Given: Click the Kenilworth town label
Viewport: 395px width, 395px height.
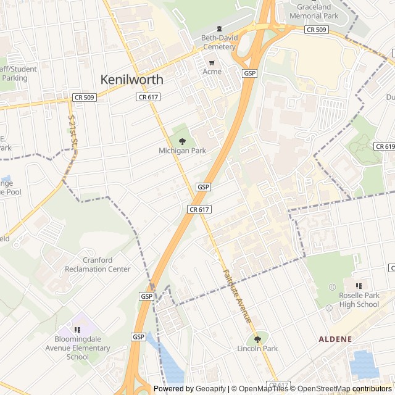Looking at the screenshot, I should pos(132,80).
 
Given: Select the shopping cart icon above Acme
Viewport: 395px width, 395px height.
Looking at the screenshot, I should pos(212,62).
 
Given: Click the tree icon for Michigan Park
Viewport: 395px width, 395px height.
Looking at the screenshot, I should pos(181,141).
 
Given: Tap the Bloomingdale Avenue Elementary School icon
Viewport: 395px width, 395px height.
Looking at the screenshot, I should pos(77,330).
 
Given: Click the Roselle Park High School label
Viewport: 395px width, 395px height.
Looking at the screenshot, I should pos(359,299).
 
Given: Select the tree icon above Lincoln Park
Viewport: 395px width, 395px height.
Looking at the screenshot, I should pos(257,339).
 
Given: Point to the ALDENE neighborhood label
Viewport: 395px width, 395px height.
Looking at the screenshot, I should pos(335,339).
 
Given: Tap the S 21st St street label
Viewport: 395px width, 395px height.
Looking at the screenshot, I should pos(72,131).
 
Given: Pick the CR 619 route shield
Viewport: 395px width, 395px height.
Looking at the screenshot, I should pos(384,146).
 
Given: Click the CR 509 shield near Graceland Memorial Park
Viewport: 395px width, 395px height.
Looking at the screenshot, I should pos(317,30).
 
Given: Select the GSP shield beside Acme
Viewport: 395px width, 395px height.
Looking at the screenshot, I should pos(249,73).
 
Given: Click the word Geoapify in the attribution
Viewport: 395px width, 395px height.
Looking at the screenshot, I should pos(210,389).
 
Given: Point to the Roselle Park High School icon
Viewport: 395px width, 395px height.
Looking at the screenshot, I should pos(359,286).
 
